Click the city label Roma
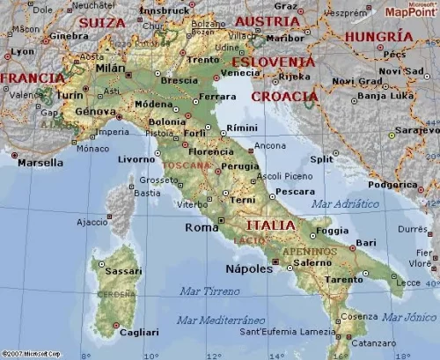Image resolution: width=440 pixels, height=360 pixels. click(202, 227)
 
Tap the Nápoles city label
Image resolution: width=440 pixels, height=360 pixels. click(249, 268)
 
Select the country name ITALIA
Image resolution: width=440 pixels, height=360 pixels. click(270, 225)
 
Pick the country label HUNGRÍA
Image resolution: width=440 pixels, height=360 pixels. click(378, 36)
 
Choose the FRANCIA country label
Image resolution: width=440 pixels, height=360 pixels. click(32, 77)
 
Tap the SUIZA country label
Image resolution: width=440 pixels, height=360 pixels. click(102, 23)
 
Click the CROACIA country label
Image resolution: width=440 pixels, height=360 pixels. click(284, 96)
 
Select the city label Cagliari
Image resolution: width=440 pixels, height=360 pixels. click(140, 332)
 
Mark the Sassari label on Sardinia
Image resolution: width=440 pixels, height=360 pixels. click(122, 272)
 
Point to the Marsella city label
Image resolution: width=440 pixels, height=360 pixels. click(40, 162)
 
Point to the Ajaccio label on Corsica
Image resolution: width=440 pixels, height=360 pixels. click(92, 222)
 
